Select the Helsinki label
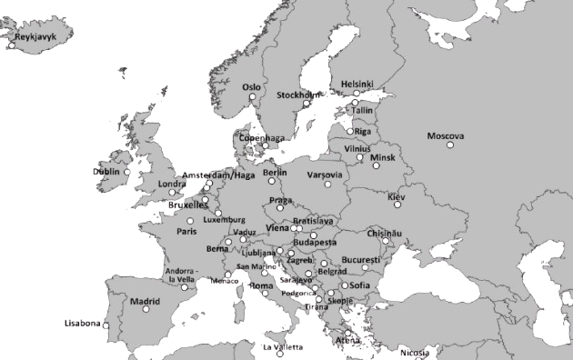tap(357, 84)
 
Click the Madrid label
tap(144, 300)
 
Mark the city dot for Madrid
tap(146, 310)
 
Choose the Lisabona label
tap(82, 323)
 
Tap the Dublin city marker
tap(127, 171)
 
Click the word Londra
tap(172, 184)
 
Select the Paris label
tap(186, 231)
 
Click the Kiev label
tap(397, 196)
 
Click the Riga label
tap(364, 131)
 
